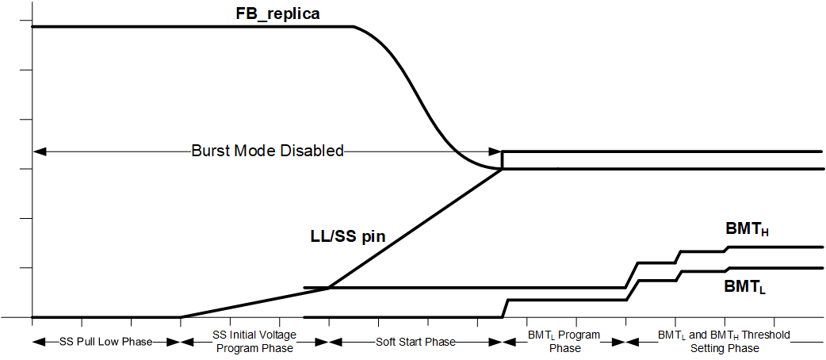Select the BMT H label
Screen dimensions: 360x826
(748, 229)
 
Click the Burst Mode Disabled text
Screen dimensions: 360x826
(267, 151)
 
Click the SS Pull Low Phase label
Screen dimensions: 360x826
(106, 342)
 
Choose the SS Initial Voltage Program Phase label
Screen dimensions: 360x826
(254, 341)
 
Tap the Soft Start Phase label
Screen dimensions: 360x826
(415, 342)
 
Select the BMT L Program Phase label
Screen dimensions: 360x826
(564, 341)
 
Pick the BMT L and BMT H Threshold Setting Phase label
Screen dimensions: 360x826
(724, 341)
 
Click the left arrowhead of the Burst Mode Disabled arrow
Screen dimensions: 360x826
(36, 151)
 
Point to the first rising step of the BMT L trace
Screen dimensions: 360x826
(506, 308)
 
